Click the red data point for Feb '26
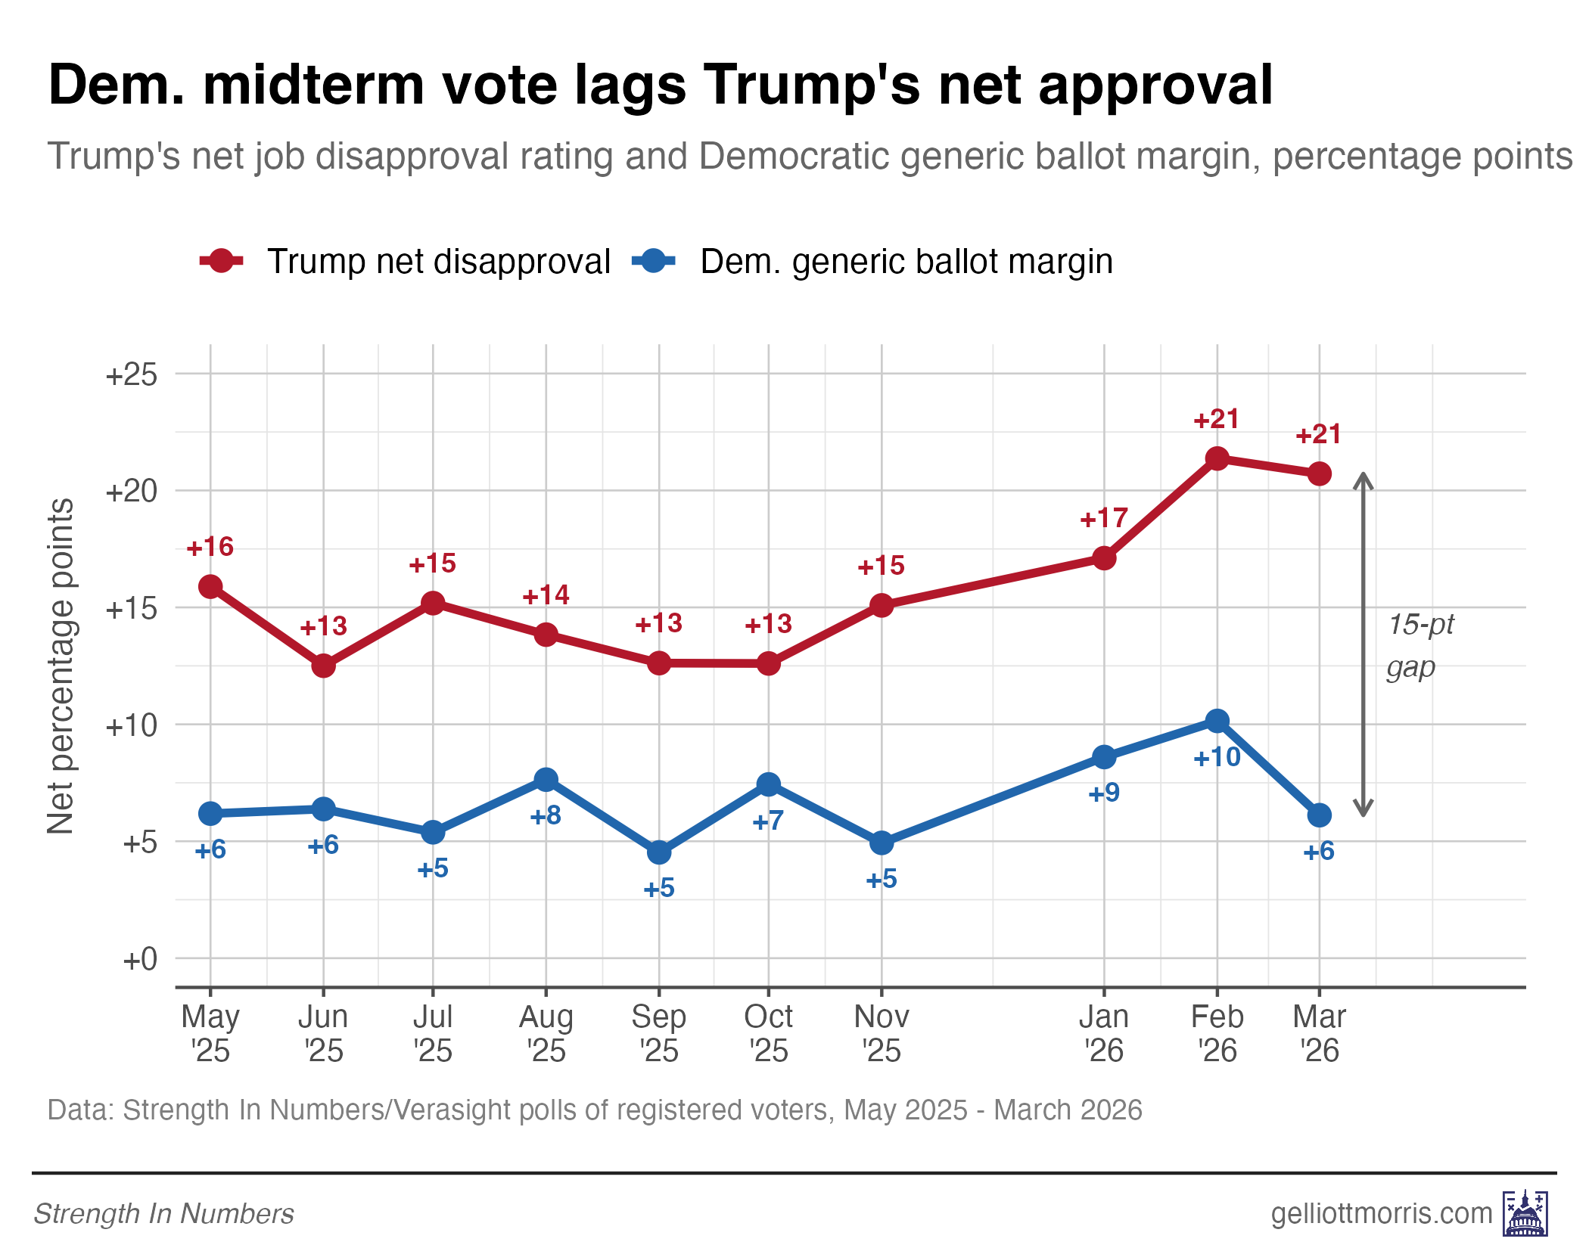1217,458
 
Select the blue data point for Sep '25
659,852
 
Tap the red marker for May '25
210,586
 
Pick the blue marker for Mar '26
1319,815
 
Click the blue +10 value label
1217,757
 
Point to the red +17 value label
1104,519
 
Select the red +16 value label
210,547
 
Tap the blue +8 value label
546,816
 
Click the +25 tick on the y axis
132,374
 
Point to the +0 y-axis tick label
140,959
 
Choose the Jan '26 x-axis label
1104,1033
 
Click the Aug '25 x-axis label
546,1033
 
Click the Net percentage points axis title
61,666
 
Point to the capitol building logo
1525,1212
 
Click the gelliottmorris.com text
1381,1213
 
